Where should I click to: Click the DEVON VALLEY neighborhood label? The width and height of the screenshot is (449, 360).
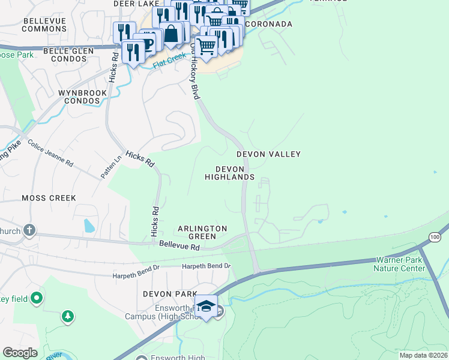point(268,154)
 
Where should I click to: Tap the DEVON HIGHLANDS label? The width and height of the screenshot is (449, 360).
point(229,173)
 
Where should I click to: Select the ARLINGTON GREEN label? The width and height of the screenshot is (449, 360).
point(202,233)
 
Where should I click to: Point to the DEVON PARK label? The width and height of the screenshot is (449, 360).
point(170,294)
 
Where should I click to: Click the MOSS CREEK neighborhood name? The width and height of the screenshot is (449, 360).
point(49,197)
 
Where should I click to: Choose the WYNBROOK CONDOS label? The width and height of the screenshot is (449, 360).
point(82,97)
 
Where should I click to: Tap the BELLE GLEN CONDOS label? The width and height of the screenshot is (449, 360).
point(72,55)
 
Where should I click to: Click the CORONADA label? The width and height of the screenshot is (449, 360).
point(268,24)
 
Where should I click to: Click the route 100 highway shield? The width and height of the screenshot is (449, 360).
point(435,238)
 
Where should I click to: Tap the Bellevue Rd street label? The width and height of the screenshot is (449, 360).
point(179,246)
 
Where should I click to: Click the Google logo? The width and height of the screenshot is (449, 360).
point(20,353)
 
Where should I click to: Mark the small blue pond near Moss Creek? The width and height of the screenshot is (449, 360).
point(89,226)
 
